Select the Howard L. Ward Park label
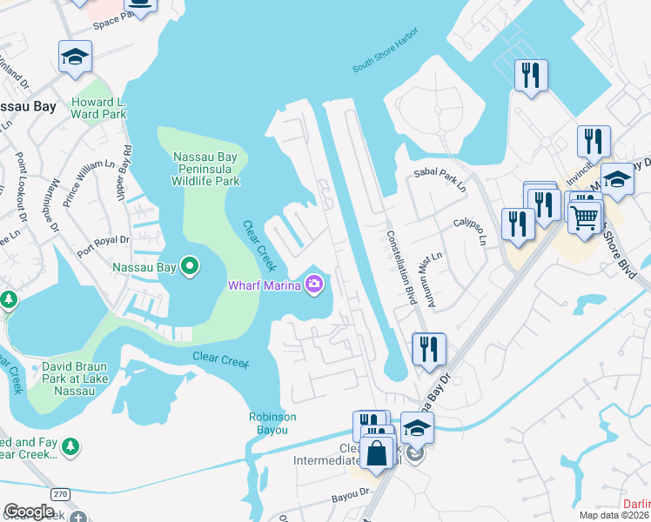click(x=98, y=107)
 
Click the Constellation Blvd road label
click(x=399, y=262)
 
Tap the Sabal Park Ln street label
click(x=440, y=180)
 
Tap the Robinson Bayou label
click(x=272, y=422)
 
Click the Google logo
click(x=29, y=512)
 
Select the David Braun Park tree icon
click(x=10, y=300)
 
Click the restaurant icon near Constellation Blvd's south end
click(x=429, y=349)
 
